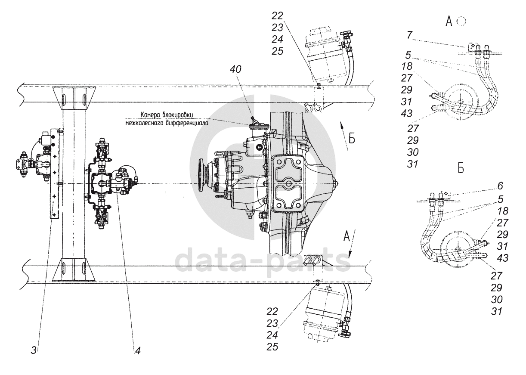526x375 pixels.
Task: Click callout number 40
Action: (235, 69)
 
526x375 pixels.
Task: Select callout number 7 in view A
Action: (409, 35)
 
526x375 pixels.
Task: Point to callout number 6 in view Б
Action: (501, 186)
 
